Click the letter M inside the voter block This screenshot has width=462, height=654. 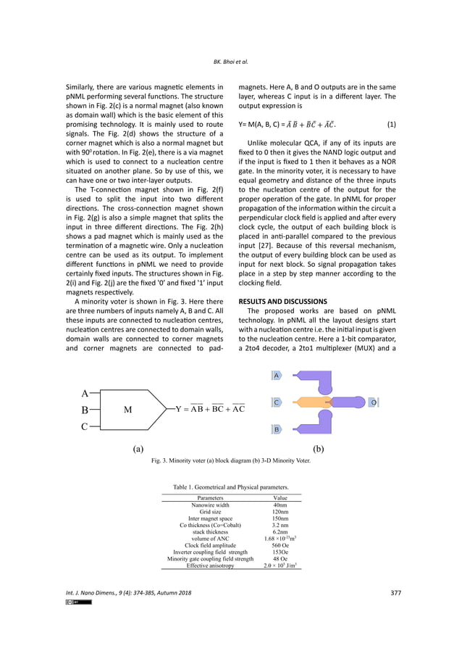[x=127, y=410]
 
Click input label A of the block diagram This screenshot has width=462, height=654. [x=85, y=393]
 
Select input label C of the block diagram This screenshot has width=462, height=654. [x=85, y=427]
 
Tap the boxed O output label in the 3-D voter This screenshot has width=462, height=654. [x=372, y=402]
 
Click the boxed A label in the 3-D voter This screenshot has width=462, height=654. [x=277, y=375]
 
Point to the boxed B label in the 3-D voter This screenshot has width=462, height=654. [x=277, y=429]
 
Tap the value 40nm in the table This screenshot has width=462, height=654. [x=280, y=505]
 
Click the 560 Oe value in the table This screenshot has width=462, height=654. [x=280, y=545]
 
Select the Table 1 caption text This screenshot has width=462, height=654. [x=231, y=487]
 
